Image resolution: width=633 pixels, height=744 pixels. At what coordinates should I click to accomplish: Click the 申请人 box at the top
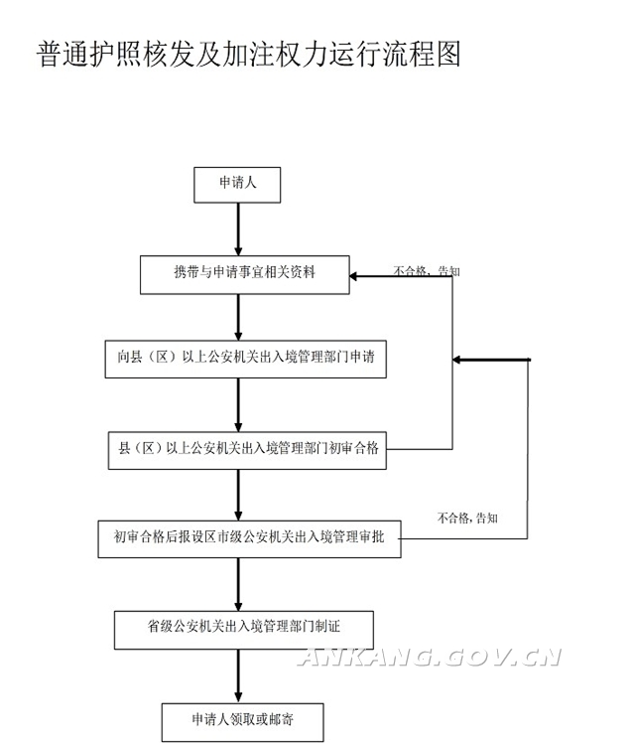[237, 184]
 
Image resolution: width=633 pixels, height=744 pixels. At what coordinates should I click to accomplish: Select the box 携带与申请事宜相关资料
[244, 273]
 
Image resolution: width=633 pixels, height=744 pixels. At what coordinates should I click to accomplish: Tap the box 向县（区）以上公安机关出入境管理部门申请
[244, 361]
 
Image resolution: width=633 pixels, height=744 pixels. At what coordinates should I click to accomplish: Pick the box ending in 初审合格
[244, 449]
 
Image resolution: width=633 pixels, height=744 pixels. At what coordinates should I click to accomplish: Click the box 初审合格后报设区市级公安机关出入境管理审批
[249, 538]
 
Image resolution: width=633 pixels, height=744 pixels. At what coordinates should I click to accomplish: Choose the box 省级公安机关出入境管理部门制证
[244, 627]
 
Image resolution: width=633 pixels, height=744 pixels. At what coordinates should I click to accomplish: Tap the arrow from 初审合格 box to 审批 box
[238, 494]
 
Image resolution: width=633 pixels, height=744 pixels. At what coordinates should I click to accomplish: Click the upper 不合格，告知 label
[427, 270]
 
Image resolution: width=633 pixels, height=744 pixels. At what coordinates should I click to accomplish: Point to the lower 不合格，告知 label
[467, 518]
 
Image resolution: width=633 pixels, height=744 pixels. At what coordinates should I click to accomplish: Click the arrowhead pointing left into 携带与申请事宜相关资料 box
[357, 276]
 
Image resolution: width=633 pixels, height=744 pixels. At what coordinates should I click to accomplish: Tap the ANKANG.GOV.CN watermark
[431, 657]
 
